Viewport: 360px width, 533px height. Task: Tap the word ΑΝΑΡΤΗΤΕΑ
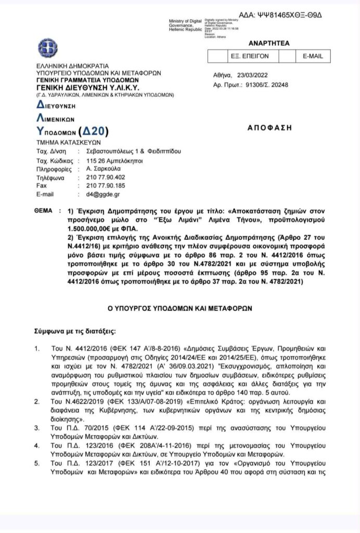click(269, 43)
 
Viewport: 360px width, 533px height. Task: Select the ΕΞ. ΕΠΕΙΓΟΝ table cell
click(251, 56)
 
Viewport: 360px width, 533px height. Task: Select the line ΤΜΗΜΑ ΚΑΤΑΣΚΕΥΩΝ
click(68, 142)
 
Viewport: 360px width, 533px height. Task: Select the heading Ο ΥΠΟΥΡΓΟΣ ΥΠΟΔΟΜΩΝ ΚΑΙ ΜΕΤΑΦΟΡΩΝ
click(180, 308)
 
